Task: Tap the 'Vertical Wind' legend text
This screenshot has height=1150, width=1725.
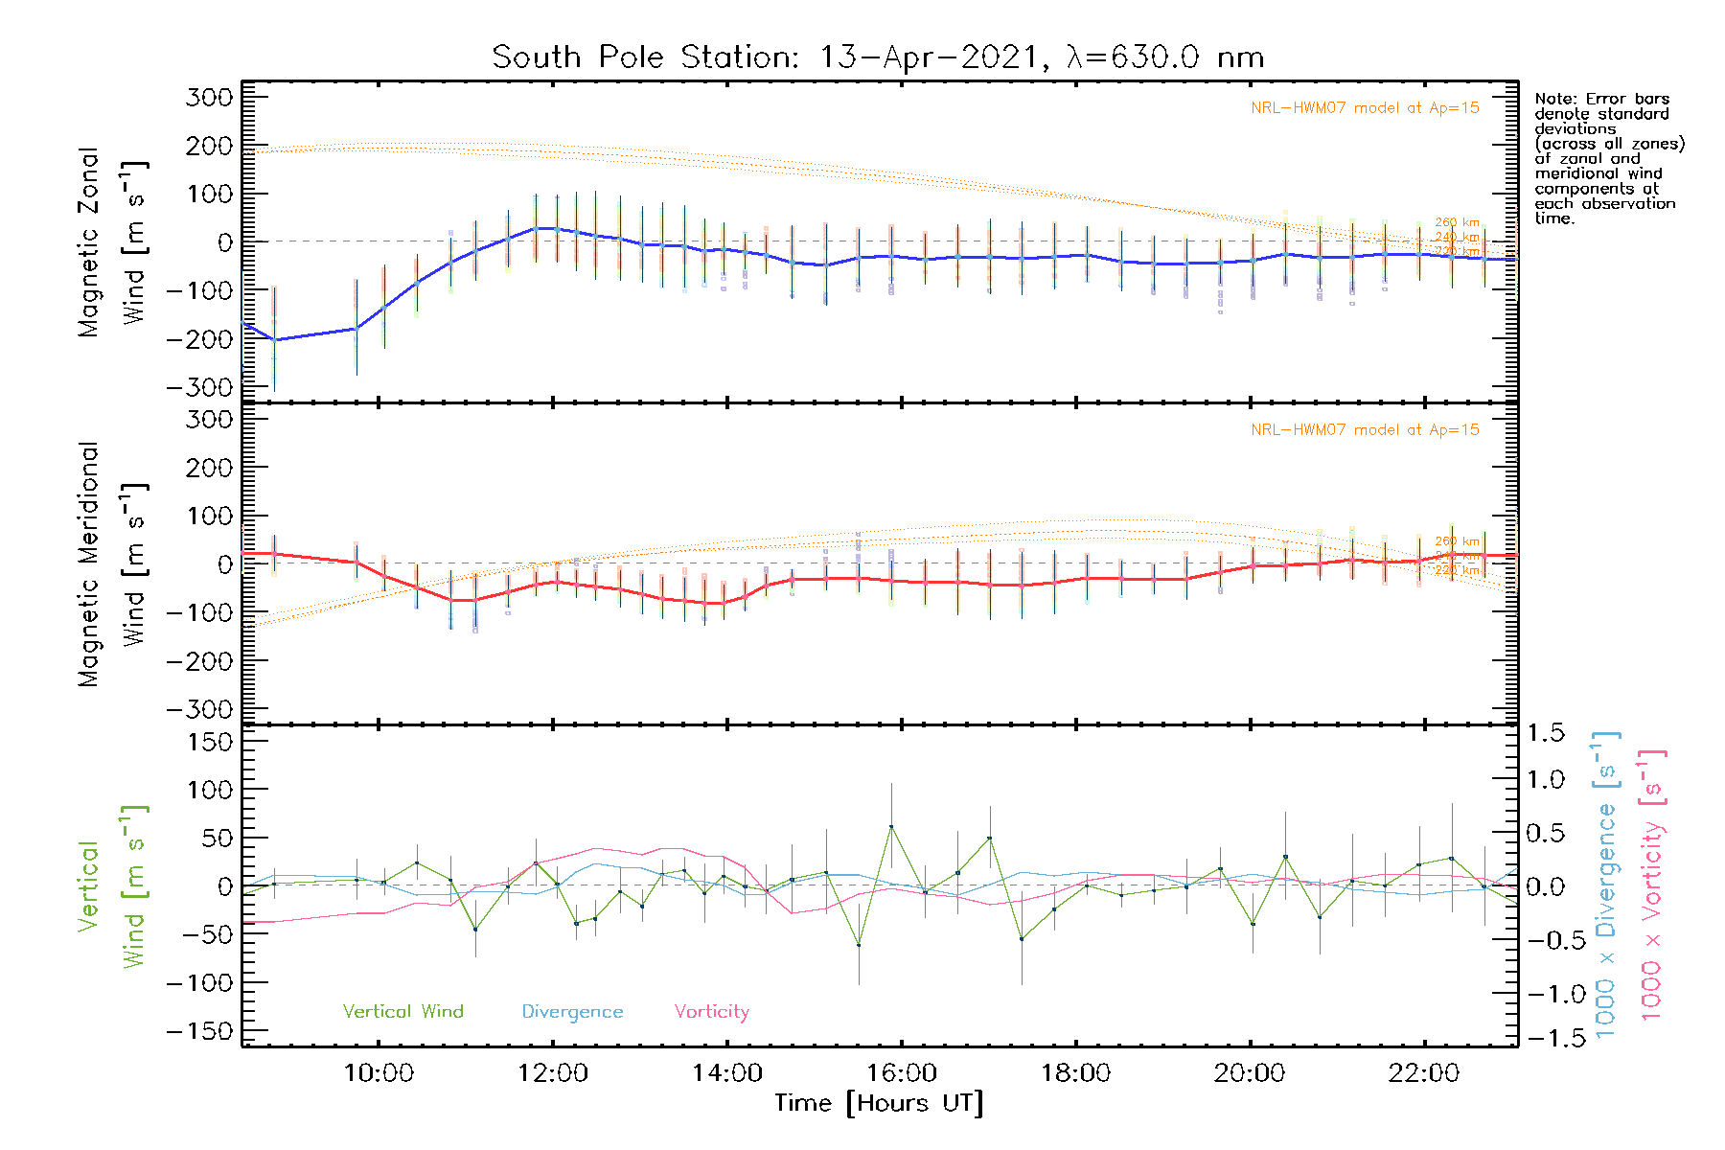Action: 402,1011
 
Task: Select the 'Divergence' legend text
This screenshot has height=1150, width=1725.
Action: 572,1011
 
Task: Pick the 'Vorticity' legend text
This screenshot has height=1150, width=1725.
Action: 711,1011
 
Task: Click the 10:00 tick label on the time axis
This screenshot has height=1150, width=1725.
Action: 379,1073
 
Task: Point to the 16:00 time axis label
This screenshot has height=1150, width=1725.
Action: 901,1073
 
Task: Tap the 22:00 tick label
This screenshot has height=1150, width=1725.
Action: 1423,1073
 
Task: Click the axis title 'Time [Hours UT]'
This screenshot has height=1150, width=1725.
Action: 878,1103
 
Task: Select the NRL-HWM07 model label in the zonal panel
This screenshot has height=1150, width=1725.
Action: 1365,108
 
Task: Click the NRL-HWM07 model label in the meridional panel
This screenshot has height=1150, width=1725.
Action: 1365,430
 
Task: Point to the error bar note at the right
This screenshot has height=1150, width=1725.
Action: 1609,158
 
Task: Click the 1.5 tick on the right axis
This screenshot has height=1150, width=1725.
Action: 1546,733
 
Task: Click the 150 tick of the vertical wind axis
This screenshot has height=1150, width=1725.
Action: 211,741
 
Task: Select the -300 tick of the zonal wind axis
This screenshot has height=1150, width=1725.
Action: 199,387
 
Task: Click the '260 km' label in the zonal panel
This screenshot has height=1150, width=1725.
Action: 1457,222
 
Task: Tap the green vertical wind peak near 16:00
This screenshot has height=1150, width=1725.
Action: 891,826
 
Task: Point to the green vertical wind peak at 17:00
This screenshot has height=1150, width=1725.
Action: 990,839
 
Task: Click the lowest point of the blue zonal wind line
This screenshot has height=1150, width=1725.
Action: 275,340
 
